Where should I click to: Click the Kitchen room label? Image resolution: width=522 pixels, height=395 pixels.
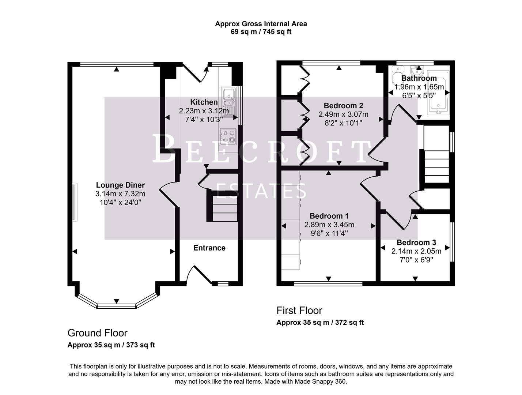point(204,102)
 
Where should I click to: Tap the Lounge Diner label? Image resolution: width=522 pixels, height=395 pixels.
point(120,185)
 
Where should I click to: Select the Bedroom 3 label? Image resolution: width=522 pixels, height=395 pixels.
point(416,242)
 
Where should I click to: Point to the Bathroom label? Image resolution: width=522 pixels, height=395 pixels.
point(419,78)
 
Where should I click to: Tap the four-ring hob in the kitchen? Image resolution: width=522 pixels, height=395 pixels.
point(228,136)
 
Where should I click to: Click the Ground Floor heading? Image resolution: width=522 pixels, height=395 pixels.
point(97,333)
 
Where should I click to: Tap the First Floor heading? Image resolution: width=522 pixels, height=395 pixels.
point(299,311)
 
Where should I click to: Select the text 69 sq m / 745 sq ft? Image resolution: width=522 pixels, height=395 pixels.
point(261,32)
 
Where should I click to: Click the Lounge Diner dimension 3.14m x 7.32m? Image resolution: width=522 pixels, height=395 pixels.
point(120,194)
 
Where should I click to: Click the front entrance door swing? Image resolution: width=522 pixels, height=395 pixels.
point(199,275)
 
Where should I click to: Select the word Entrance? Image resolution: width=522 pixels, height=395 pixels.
point(209,248)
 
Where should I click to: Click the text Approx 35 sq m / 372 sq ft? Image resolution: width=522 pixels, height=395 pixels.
point(320,323)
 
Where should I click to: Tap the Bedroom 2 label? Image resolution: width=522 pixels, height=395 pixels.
point(343,106)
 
